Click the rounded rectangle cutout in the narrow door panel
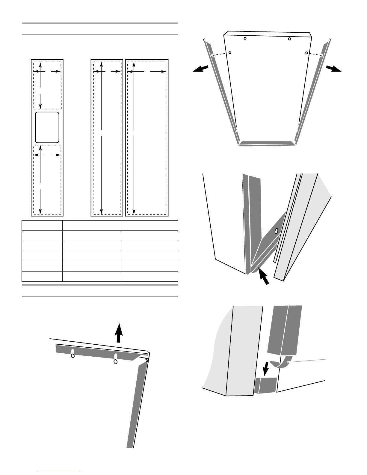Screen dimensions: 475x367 click(47, 127)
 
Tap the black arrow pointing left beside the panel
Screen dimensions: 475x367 click(200, 69)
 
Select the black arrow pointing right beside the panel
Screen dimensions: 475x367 click(333, 69)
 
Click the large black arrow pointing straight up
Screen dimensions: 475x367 click(119, 332)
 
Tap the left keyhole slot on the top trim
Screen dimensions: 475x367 click(73, 354)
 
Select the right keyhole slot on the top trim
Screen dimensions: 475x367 click(115, 359)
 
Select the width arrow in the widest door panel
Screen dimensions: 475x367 click(147, 72)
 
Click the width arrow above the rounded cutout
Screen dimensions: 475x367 click(47, 72)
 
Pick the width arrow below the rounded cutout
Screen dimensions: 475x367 click(47, 155)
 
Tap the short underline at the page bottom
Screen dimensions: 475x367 click(60, 472)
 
